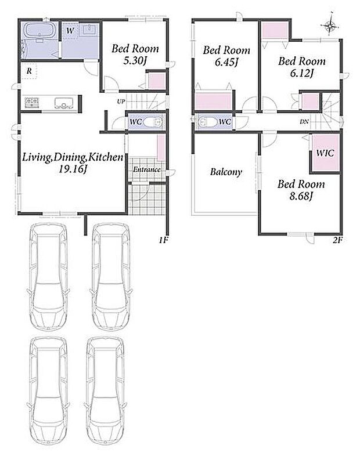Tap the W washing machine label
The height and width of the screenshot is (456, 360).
click(x=70, y=30)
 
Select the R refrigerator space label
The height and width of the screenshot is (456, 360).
click(x=29, y=70)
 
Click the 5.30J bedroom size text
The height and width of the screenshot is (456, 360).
click(x=135, y=61)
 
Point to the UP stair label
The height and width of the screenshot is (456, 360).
click(x=121, y=102)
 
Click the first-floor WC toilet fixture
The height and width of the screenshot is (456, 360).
click(x=153, y=122)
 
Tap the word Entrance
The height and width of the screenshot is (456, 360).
click(x=147, y=169)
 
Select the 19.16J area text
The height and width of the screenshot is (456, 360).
click(x=73, y=169)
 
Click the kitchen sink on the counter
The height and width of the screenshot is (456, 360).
click(x=63, y=103)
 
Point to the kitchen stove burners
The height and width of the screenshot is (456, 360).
click(x=33, y=103)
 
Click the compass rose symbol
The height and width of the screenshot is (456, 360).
click(x=330, y=26)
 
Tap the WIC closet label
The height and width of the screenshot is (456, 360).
click(x=325, y=153)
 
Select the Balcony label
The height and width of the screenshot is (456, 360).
click(x=226, y=172)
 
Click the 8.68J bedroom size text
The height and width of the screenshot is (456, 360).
click(x=301, y=197)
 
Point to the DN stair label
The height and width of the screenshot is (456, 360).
click(x=304, y=122)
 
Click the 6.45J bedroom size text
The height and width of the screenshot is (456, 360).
click(x=226, y=62)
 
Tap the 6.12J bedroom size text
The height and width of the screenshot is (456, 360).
click(x=301, y=73)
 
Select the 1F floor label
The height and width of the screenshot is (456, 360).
click(x=164, y=240)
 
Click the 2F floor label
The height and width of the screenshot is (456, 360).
click(x=337, y=240)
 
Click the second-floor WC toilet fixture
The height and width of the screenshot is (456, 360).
click(x=207, y=122)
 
